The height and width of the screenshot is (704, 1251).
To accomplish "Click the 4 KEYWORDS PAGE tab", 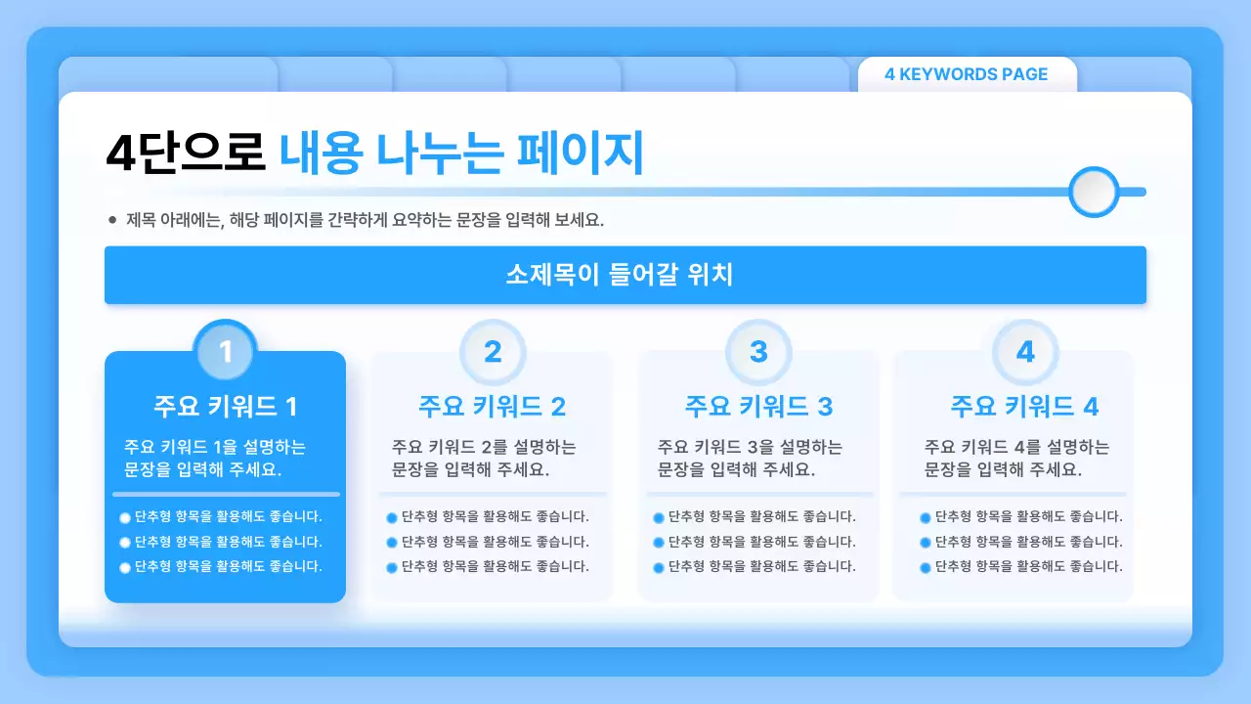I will pyautogui.click(x=966, y=74).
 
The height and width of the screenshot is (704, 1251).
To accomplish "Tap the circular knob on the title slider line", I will pyautogui.click(x=1094, y=192).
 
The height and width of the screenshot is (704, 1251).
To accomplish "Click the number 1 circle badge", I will pyautogui.click(x=226, y=351).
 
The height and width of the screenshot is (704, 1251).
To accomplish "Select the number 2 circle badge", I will pyautogui.click(x=493, y=351).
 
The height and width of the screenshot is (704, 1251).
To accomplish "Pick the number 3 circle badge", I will pyautogui.click(x=758, y=351).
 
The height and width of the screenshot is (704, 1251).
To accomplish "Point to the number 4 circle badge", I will pyautogui.click(x=1025, y=351).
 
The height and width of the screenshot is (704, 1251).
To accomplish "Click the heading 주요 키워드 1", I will pyautogui.click(x=225, y=406).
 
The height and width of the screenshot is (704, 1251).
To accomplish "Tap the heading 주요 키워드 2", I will pyautogui.click(x=492, y=406).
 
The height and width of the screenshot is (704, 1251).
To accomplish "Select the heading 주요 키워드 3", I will pyautogui.click(x=758, y=406).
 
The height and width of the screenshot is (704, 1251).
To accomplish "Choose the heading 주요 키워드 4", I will pyautogui.click(x=1024, y=406).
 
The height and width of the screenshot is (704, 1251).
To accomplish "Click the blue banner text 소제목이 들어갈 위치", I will pyautogui.click(x=620, y=275).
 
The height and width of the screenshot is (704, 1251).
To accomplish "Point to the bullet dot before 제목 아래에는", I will pyautogui.click(x=112, y=220).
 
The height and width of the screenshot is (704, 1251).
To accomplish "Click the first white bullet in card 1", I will pyautogui.click(x=125, y=517).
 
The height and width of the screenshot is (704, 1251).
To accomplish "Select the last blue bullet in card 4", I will pyautogui.click(x=925, y=567).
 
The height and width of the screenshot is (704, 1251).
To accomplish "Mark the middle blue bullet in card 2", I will pyautogui.click(x=392, y=543).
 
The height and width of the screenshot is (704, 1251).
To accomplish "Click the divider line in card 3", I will pyautogui.click(x=758, y=494).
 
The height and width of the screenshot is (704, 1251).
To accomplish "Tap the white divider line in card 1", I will pyautogui.click(x=225, y=494).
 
